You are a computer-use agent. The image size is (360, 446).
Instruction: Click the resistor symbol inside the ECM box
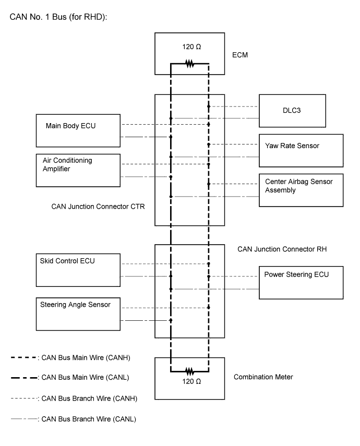(x=190, y=64)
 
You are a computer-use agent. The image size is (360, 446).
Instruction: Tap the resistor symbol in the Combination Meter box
(x=190, y=371)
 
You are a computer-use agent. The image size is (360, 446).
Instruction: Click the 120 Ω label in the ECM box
(x=191, y=46)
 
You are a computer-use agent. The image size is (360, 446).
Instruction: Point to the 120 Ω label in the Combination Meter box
(x=191, y=381)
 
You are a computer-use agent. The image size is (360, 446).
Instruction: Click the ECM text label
(x=240, y=55)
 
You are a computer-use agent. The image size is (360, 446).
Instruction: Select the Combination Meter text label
(x=263, y=377)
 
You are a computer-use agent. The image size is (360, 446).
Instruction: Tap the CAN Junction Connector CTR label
(x=98, y=207)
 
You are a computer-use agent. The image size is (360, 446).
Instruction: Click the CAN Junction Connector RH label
(x=282, y=249)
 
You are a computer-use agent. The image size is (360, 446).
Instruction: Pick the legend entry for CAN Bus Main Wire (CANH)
(x=70, y=357)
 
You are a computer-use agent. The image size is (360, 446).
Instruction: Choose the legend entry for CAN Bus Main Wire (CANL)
(x=70, y=378)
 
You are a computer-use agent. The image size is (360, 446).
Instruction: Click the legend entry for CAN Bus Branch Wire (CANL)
(x=74, y=419)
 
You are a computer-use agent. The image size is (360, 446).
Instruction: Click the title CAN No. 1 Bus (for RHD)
(x=58, y=17)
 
